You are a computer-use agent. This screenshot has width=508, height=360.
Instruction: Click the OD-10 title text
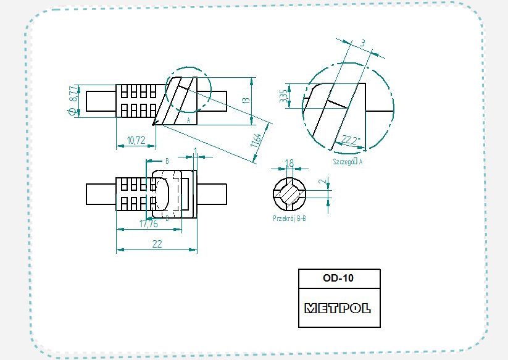pos(338,278)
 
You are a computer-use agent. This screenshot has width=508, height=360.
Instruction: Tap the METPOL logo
pos(338,308)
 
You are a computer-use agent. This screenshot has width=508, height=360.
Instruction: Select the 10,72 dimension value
pos(136,140)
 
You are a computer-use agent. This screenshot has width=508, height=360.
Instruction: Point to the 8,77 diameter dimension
pos(73,93)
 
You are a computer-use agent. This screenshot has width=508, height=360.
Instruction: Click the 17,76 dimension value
pos(149,224)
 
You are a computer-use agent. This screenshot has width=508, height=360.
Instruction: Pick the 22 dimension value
pos(157,244)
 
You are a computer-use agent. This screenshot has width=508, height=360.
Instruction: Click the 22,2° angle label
pos(350,141)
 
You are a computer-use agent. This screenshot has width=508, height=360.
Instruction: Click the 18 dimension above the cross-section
pos(289,163)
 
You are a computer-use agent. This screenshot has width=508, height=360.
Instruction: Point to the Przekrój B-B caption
pos(290,218)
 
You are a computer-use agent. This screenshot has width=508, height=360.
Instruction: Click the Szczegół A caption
pos(346,161)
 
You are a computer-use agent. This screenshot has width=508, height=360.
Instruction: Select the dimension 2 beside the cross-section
pos(321,183)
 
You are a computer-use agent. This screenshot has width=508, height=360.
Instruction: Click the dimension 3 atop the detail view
pos(362,43)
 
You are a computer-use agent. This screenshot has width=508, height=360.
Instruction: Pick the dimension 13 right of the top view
pos(245,100)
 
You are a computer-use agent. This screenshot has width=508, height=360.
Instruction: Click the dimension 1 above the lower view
pos(195,151)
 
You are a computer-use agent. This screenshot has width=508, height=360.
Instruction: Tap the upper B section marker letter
pos(167,159)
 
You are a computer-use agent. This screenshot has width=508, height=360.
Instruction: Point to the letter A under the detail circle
pos(188,120)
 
